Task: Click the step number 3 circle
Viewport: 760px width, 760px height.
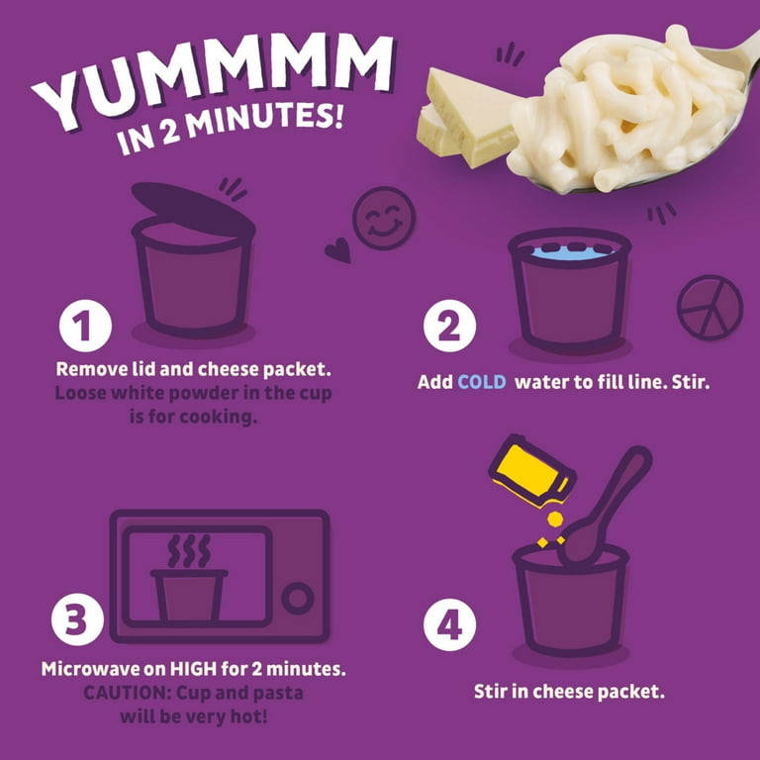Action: [76, 619]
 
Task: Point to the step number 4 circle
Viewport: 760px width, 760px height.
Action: [449, 623]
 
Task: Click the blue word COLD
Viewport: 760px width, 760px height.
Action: [481, 381]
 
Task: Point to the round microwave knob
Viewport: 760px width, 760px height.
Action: [297, 599]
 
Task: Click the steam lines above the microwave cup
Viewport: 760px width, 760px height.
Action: [189, 551]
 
